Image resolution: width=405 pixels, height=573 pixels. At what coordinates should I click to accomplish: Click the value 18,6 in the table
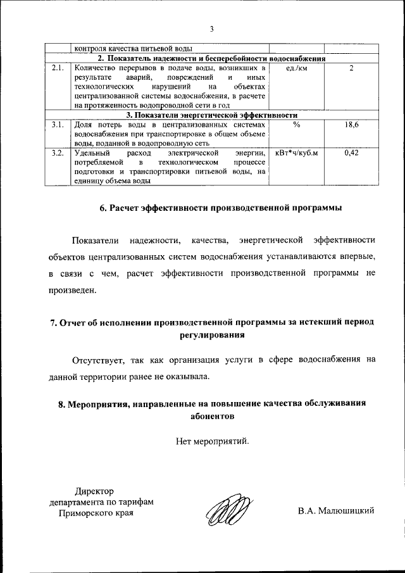point(351,126)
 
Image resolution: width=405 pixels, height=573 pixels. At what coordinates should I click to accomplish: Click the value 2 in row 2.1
point(351,68)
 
